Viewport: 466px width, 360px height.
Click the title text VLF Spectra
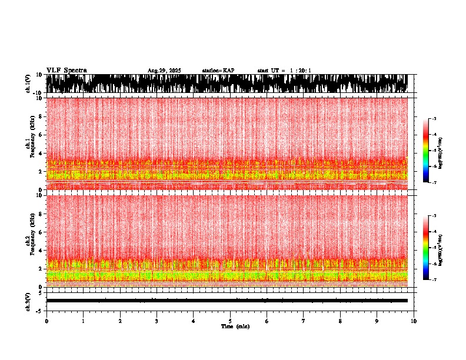point(66,70)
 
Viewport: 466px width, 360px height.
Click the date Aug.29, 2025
point(164,71)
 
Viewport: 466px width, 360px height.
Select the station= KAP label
point(218,71)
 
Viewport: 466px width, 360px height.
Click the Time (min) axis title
point(235,326)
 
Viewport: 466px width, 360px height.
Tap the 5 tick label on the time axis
point(230,321)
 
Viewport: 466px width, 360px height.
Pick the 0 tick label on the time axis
point(46,321)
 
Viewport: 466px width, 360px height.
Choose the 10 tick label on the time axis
point(414,321)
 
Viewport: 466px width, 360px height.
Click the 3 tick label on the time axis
point(157,321)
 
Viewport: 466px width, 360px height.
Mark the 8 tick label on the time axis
point(340,321)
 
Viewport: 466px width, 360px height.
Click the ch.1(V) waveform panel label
point(28,84)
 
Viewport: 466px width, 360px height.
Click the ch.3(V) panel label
point(28,301)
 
